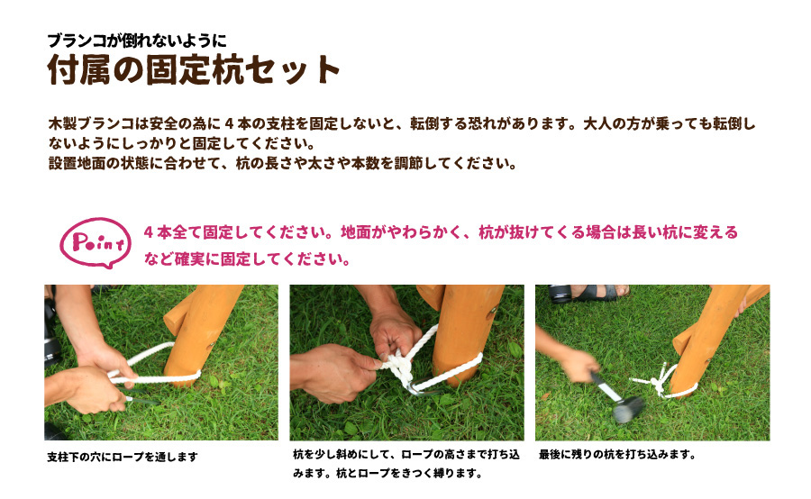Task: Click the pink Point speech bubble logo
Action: point(96,242)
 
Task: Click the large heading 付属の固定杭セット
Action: point(194,70)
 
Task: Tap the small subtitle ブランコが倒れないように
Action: point(137,41)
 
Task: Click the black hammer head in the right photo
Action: point(628,408)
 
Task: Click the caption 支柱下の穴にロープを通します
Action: point(123,457)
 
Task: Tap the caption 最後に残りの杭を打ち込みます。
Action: point(617,455)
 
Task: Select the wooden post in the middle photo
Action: point(463,331)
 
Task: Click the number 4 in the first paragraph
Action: point(230,124)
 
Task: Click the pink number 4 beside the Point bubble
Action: point(149,232)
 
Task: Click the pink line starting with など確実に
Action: point(247,259)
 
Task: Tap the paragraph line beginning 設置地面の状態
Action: point(282,163)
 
